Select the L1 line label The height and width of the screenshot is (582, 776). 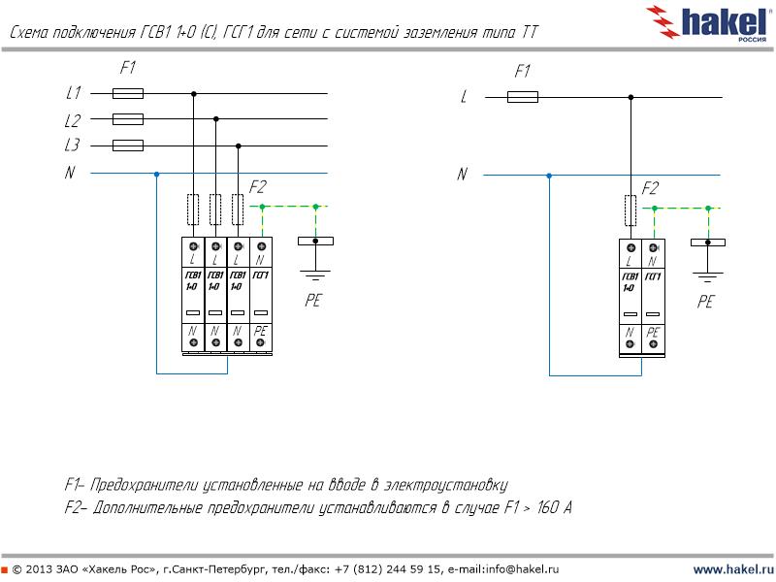(x=73, y=94)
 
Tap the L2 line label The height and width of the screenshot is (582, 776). (x=73, y=120)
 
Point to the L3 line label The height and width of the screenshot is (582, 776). (x=73, y=145)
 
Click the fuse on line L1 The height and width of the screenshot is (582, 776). (x=128, y=94)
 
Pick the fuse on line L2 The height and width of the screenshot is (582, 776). (x=128, y=119)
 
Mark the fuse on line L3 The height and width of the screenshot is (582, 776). (x=128, y=145)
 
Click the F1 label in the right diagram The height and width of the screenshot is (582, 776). (x=522, y=72)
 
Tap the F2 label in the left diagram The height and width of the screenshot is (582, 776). (x=258, y=187)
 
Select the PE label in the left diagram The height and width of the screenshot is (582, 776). (x=312, y=301)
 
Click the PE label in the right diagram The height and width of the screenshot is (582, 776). (x=705, y=303)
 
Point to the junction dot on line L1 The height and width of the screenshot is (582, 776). (x=194, y=94)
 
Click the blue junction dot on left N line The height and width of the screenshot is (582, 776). (x=156, y=174)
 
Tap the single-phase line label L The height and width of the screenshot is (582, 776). (x=464, y=97)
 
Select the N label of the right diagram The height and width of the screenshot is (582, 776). (x=462, y=175)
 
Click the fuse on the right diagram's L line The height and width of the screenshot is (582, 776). (x=523, y=97)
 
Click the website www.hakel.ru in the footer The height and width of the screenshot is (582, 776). (x=732, y=568)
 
